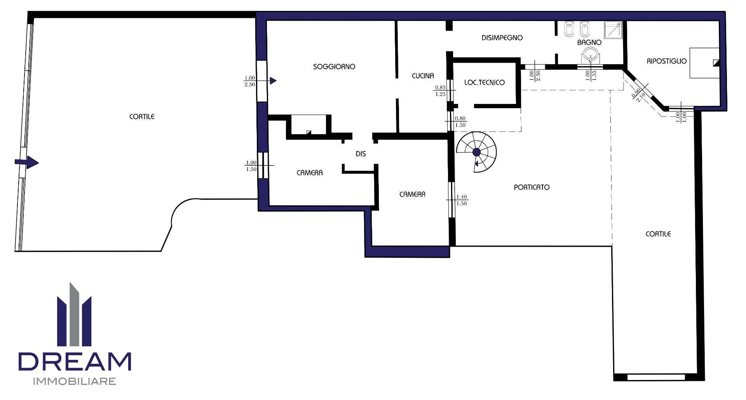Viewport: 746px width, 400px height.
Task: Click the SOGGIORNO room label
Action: [334, 67]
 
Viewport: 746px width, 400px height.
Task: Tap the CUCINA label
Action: [423, 76]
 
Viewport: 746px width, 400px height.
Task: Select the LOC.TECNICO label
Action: [485, 82]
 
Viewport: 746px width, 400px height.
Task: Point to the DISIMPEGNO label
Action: [502, 38]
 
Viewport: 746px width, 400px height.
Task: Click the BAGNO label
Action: [589, 42]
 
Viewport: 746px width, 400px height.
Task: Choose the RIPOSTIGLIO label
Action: [667, 61]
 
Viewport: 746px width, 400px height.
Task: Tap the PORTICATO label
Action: [532, 187]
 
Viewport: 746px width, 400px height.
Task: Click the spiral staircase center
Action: [476, 152]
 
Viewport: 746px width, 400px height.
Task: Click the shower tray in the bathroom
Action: [613, 30]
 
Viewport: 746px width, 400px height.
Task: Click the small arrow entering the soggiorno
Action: [273, 81]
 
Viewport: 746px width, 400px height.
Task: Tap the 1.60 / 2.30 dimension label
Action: [250, 81]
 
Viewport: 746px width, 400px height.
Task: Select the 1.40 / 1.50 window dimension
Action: [462, 200]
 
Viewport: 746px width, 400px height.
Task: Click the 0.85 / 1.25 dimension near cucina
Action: [441, 91]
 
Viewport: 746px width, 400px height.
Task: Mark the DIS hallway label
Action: [361, 154]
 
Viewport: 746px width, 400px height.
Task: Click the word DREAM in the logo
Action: [75, 361]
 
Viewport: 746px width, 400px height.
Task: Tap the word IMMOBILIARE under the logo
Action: [75, 381]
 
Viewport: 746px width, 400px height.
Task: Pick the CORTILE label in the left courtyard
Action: [142, 117]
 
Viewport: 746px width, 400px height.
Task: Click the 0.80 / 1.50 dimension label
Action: [460, 122]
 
